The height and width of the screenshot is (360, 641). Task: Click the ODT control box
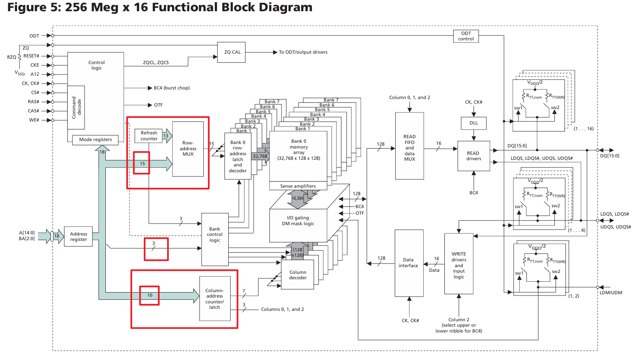(x=466, y=36)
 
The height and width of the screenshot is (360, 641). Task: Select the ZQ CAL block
(x=231, y=52)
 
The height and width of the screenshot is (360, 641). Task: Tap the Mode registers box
(x=95, y=140)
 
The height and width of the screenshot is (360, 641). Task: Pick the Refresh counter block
(x=149, y=136)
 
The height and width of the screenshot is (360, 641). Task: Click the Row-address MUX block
(x=188, y=149)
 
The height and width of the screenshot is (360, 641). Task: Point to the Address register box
(x=78, y=236)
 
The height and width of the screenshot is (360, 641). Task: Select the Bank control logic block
(x=215, y=239)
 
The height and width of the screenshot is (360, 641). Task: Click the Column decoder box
(x=298, y=275)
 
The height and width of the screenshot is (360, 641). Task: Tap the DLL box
(x=474, y=123)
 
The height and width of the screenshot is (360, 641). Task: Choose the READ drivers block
(x=474, y=156)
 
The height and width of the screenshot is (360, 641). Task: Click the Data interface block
(x=409, y=263)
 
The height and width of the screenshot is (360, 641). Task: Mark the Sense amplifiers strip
(x=298, y=186)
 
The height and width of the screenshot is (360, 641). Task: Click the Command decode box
(x=76, y=107)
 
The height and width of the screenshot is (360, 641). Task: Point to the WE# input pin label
(x=34, y=120)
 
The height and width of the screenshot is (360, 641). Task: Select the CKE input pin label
(x=35, y=65)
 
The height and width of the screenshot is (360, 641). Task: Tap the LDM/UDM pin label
(x=611, y=293)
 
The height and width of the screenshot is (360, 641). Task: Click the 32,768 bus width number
(x=260, y=156)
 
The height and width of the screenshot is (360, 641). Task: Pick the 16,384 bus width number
(x=297, y=198)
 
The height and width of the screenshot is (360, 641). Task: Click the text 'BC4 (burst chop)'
(x=172, y=88)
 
